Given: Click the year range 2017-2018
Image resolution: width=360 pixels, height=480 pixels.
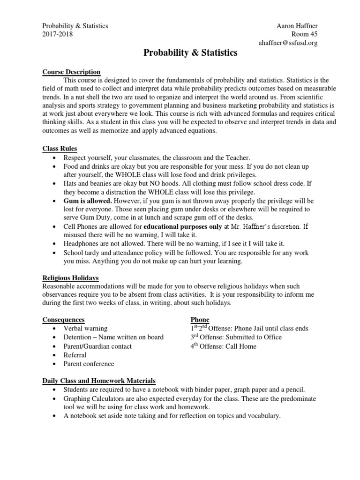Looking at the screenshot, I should coord(58,34).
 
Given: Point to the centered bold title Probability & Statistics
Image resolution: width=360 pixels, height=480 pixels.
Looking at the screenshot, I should coord(190,53).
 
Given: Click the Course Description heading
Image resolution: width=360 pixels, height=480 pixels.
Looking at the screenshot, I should coord(71,72).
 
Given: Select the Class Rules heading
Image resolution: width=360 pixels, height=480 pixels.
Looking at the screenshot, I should coord(60,149).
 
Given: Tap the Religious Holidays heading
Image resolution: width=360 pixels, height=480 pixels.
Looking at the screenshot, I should coord(70,278).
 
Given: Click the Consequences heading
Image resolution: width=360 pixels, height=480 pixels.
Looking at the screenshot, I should coord(63,320).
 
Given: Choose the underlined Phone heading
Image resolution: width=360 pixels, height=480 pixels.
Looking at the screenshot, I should coord(200,320).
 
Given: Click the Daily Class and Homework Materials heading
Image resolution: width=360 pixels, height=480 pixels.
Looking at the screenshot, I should coord(99,381).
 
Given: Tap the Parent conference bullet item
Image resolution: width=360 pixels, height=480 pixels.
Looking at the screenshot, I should coord(89,364).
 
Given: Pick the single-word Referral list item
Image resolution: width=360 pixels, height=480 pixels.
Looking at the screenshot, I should coord(75,355).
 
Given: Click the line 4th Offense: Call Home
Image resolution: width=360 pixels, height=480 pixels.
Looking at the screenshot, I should coord(224,346).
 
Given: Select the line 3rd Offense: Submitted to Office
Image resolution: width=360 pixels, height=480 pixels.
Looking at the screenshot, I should coord(236,337).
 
